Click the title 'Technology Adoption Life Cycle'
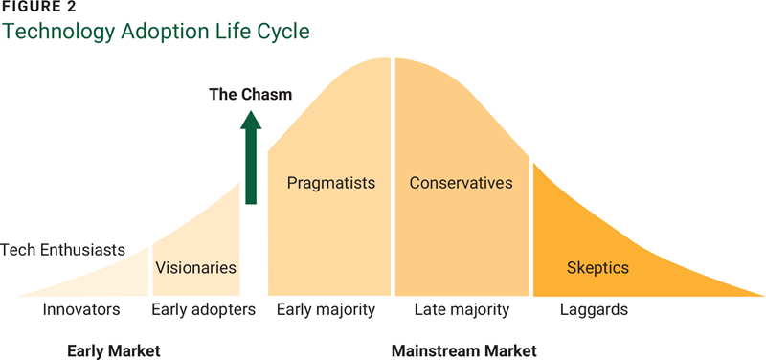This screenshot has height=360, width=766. point(157,32)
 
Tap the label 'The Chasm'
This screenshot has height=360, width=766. point(251,94)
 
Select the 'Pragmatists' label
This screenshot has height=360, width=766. point(330,182)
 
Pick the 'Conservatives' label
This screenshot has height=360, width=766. point(461,182)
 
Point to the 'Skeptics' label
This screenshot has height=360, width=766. point(597,267)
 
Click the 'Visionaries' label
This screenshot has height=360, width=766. point(195,267)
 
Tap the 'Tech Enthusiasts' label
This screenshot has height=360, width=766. point(63,250)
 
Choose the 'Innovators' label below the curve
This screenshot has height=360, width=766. point(81,309)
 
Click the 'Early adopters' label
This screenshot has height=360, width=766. point(204,309)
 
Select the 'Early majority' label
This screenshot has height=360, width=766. point(326,309)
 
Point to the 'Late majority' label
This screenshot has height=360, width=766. point(462,309)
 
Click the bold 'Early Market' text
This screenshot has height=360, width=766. point(113,349)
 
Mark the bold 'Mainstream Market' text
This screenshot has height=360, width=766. point(464,349)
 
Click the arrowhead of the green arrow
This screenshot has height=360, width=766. point(251,121)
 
